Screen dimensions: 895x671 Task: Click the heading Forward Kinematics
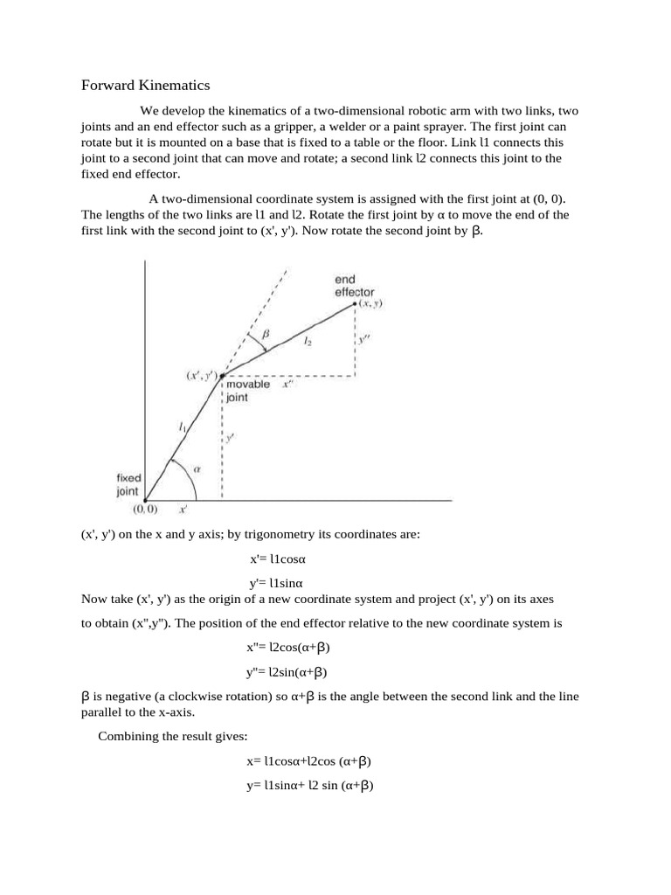coord(146,86)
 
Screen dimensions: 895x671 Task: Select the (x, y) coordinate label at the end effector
coord(373,303)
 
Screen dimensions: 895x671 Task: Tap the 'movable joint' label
coord(248,390)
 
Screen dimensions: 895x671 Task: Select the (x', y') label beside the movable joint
coord(199,375)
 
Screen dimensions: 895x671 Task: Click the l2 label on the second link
coord(308,344)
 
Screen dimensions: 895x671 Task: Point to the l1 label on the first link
coord(182,427)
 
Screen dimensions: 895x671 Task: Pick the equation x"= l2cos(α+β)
coord(289,648)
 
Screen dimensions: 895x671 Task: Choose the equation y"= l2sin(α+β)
coord(288,672)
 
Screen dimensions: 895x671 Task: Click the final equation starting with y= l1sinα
coord(310,786)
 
